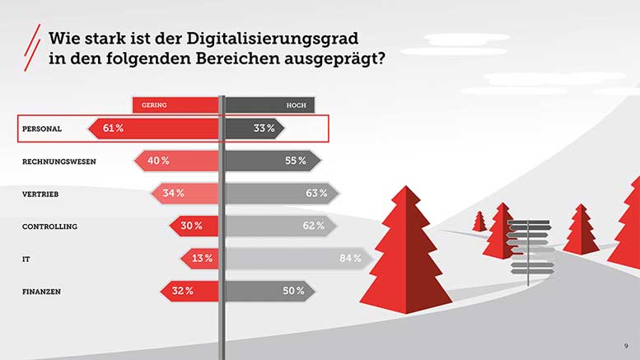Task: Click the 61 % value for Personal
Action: click(x=113, y=128)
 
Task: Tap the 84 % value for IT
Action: click(x=350, y=259)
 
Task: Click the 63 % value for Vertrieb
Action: click(x=316, y=194)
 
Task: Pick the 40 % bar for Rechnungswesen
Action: click(x=177, y=161)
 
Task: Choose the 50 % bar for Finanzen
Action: click(x=269, y=291)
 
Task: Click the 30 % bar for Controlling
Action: click(x=194, y=226)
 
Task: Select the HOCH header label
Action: click(x=296, y=105)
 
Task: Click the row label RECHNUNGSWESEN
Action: click(x=58, y=161)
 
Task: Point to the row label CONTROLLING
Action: click(x=49, y=226)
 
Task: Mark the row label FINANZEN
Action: click(x=43, y=291)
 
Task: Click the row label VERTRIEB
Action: click(x=40, y=194)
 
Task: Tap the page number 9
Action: click(x=625, y=345)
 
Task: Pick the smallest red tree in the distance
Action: click(x=479, y=221)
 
